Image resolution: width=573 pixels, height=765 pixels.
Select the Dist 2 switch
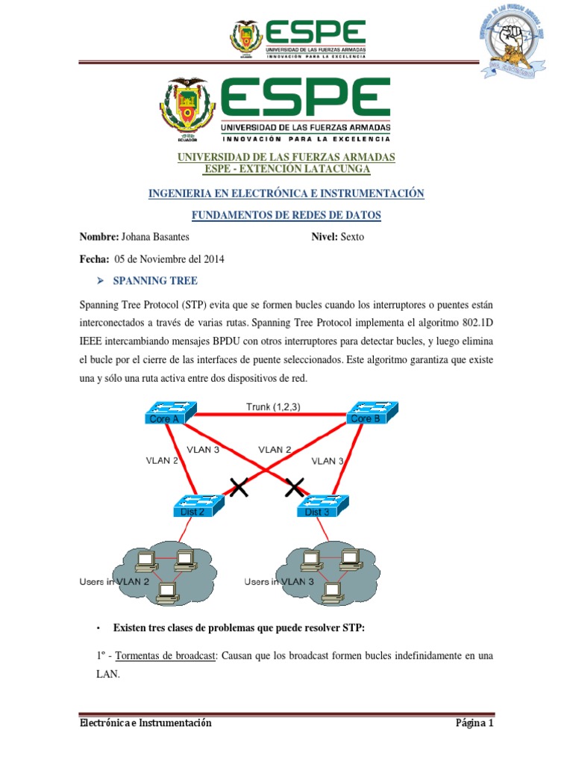198,505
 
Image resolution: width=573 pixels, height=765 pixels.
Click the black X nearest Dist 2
239,489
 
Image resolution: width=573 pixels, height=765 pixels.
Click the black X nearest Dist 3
295,489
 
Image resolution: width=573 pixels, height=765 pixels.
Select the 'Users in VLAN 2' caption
115,581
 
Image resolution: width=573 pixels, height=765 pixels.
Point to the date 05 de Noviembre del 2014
169,259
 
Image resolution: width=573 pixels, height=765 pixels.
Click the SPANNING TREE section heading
154,281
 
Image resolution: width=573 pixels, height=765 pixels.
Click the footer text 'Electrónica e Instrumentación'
145,723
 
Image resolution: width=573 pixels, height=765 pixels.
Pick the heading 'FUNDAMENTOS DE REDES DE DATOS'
286,215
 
